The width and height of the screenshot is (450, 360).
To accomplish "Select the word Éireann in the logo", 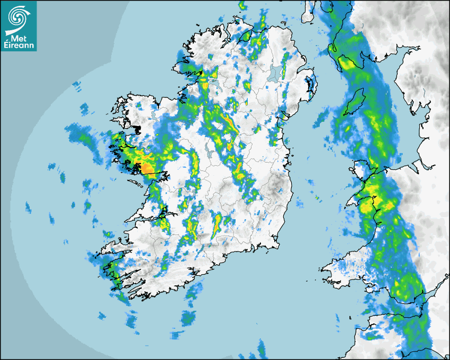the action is coord(19,46).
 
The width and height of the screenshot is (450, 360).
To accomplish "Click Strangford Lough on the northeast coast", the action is coord(312,85).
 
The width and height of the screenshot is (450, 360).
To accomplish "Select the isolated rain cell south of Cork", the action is coord(188,318).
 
